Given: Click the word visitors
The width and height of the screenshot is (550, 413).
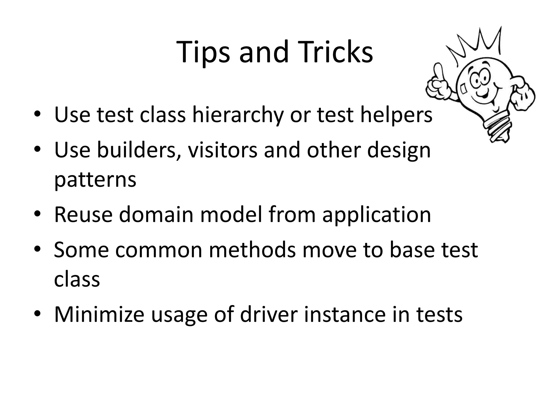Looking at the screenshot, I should [223, 150].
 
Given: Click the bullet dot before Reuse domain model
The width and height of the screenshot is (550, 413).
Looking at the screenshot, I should [37, 214].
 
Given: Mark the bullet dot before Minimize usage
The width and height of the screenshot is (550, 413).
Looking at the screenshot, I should [37, 314].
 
